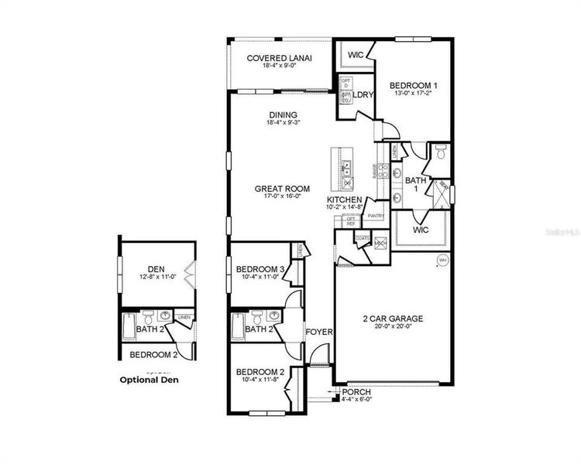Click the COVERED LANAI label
tap(280, 58)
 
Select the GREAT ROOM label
tap(283, 188)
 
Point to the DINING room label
tap(282, 115)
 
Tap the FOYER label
tap(318, 332)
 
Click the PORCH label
tap(357, 391)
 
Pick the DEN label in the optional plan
tap(156, 269)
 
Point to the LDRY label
tap(363, 95)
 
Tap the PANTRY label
tap(376, 216)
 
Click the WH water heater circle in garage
tap(442, 260)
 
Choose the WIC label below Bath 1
tap(421, 230)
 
